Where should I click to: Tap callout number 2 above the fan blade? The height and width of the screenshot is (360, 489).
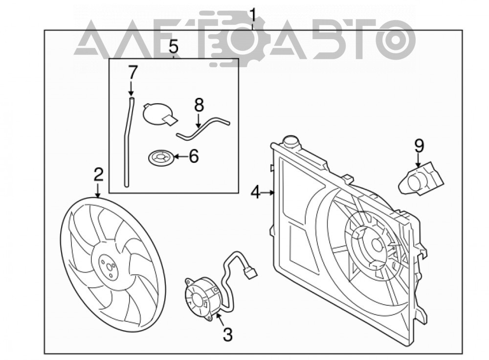[99, 175]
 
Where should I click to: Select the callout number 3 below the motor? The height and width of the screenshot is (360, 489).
[228, 335]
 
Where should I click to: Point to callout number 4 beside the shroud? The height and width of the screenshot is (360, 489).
[255, 193]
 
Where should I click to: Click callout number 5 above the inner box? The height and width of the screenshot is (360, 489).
[174, 47]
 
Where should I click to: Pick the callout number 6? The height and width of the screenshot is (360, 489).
[194, 157]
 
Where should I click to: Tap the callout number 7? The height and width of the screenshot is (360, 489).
[133, 73]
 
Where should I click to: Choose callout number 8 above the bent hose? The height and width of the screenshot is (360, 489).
[199, 105]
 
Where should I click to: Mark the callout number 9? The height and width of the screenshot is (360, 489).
[420, 147]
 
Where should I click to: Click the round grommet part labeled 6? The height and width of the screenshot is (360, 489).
[161, 157]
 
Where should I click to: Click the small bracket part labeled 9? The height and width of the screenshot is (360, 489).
[421, 179]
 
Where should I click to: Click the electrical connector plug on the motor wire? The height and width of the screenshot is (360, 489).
[251, 274]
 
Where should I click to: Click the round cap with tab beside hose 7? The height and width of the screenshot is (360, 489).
[159, 114]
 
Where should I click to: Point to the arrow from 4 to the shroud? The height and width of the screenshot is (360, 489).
[267, 193]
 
